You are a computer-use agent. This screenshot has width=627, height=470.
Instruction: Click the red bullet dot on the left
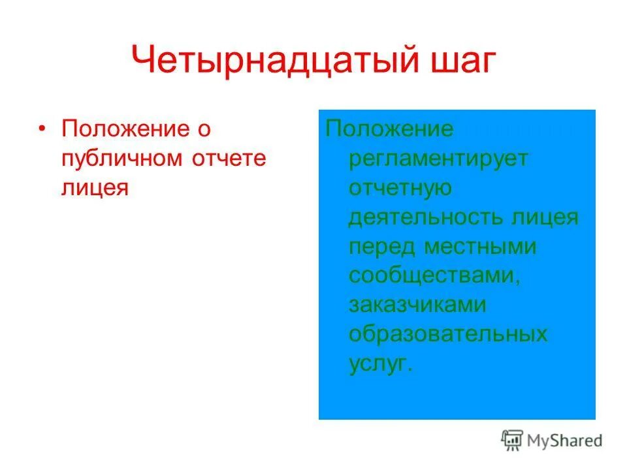pos(43,129)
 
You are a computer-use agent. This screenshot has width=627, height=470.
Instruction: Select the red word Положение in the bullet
pos(125,129)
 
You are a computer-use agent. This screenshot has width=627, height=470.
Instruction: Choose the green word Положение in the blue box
pos(389,129)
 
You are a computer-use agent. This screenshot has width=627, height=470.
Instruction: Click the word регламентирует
pos(438,159)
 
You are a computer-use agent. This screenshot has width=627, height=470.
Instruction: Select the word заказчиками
pos(417,305)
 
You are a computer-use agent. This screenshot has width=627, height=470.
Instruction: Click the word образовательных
pos(448,334)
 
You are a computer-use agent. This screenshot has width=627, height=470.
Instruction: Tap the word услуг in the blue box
pos(380,364)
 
